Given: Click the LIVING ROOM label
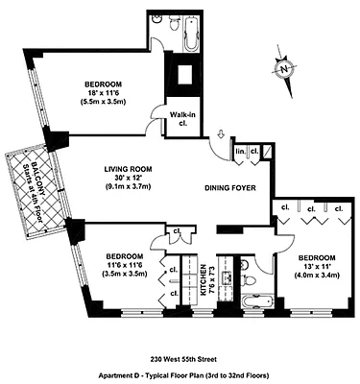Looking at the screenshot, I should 129,169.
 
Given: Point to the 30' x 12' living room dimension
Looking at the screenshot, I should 129,180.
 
